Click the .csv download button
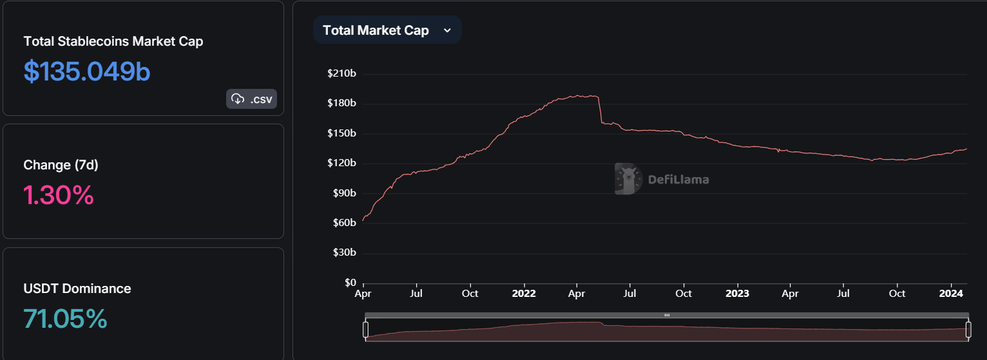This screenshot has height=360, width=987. [x=252, y=99]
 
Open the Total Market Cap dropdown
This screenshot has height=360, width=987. [x=387, y=30]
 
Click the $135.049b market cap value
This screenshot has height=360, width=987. [x=87, y=71]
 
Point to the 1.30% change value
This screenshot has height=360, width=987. [x=59, y=194]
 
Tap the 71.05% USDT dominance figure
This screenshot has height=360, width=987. [x=65, y=319]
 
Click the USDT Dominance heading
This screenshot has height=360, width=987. [x=77, y=289]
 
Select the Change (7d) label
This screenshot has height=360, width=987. [x=61, y=165]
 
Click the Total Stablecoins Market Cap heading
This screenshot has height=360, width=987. [x=113, y=41]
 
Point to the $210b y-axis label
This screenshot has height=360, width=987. [x=341, y=73]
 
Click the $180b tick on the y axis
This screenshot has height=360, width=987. [x=341, y=103]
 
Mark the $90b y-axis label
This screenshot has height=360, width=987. [x=345, y=193]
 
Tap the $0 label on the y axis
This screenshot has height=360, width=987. [x=350, y=283]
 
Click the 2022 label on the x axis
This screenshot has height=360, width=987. [x=524, y=294]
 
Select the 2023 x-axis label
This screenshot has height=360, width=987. [x=737, y=294]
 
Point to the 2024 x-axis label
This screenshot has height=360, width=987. [x=951, y=294]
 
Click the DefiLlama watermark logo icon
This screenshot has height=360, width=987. [x=628, y=179]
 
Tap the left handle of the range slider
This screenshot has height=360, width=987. [x=366, y=330]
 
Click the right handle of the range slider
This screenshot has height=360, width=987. [x=968, y=330]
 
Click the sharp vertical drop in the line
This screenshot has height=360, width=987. [x=600, y=109]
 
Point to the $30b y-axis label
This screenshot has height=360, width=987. [x=345, y=252]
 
